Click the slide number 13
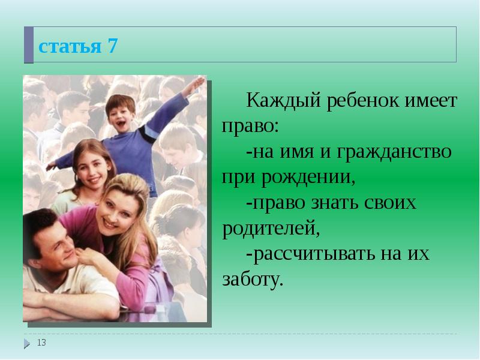pos(42,343)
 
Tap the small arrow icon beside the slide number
pos(27,343)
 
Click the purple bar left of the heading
pos(28,46)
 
